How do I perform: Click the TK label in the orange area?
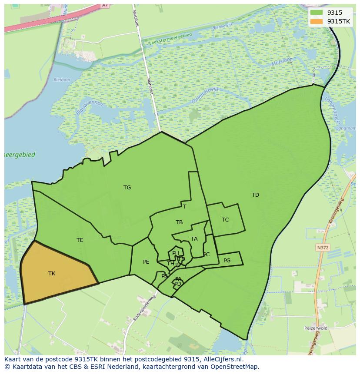[x=52, y=274]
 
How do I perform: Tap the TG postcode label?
[x=127, y=188]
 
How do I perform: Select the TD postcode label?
[x=255, y=195]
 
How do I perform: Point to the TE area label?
[x=80, y=240]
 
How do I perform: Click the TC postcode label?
[x=225, y=220]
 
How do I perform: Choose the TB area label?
[x=179, y=222]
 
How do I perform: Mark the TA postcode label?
[x=194, y=239]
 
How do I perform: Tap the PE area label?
[x=146, y=262]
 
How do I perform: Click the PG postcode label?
[x=227, y=261]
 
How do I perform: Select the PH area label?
[x=175, y=253]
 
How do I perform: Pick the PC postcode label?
[x=207, y=255]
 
